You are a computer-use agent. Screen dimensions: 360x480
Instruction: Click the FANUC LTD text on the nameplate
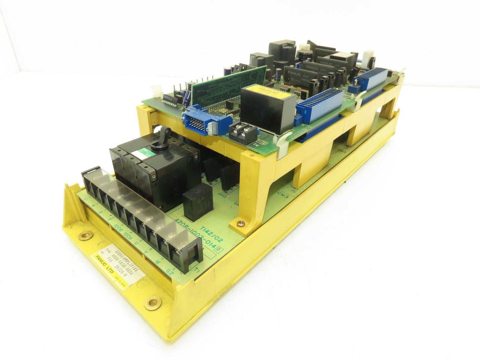[103, 268]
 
